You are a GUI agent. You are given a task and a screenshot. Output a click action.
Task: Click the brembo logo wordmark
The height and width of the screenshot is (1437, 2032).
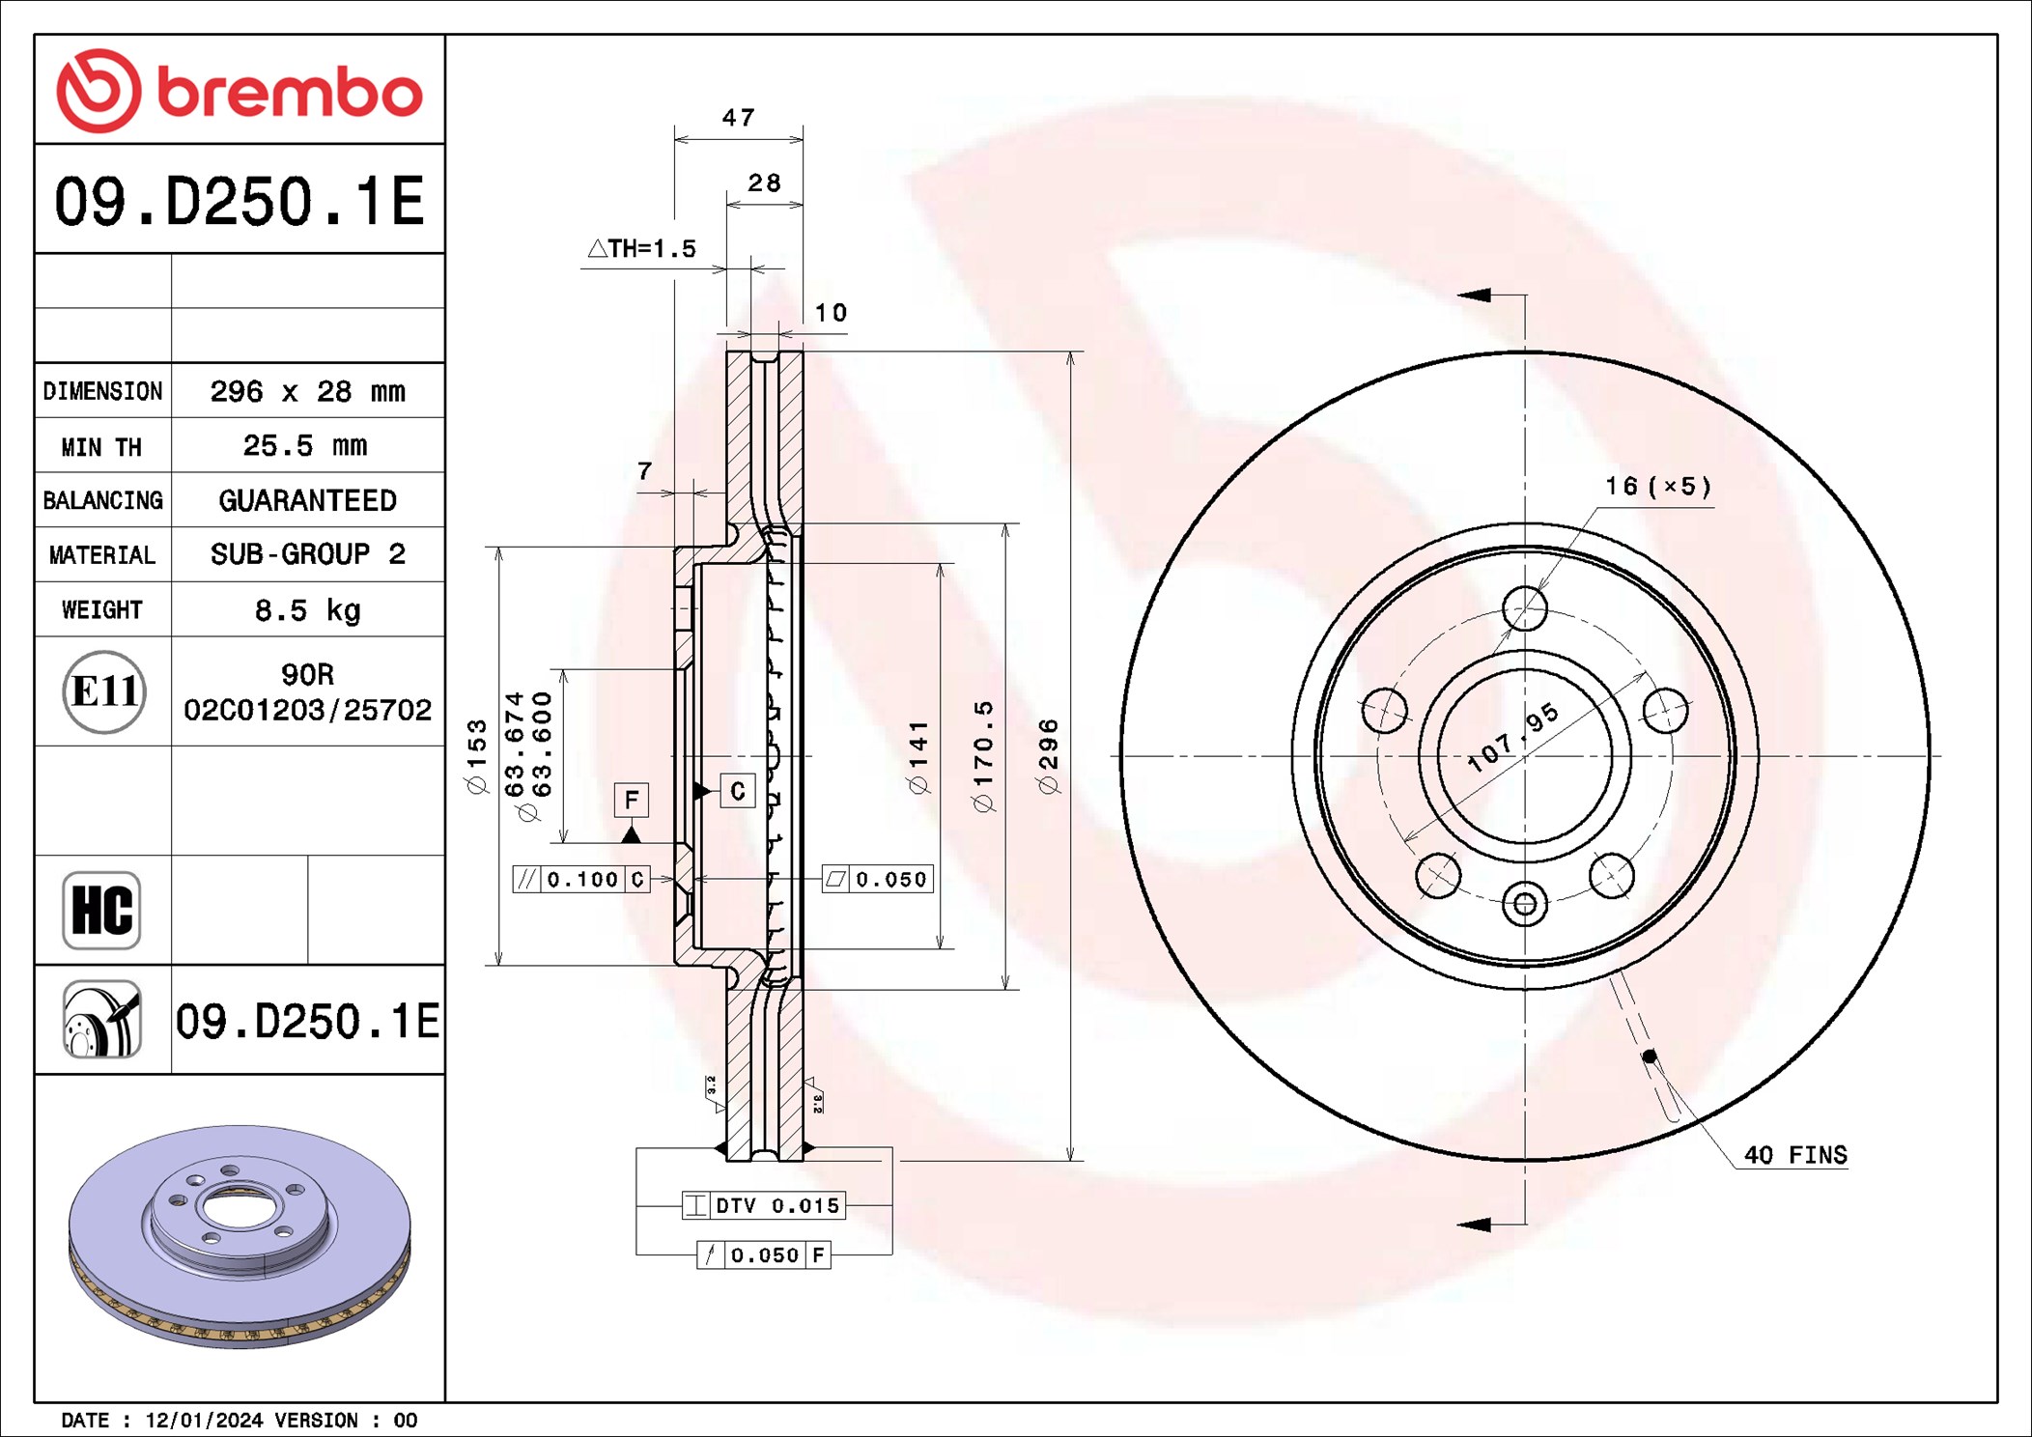pos(290,93)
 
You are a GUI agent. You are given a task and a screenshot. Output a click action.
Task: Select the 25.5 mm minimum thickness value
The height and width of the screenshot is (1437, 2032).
pos(305,445)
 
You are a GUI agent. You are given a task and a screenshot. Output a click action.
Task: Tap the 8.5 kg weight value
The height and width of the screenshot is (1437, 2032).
pos(308,610)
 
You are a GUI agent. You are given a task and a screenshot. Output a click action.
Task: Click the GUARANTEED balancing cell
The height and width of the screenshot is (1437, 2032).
pos(308,500)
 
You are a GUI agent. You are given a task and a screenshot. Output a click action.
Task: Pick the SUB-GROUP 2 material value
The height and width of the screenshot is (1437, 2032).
pos(308,554)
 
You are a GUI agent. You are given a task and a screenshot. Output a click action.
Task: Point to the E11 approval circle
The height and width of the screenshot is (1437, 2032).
pos(104,691)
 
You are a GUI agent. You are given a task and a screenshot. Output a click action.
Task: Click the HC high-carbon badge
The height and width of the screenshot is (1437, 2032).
pos(101,910)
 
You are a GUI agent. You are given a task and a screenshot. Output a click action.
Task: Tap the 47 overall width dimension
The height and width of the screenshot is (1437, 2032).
pos(739,118)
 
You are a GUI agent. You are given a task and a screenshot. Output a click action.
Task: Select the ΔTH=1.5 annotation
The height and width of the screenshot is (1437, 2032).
pos(642,248)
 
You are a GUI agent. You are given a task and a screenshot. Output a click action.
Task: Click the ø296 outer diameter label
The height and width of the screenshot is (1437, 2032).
pos(1049,756)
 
